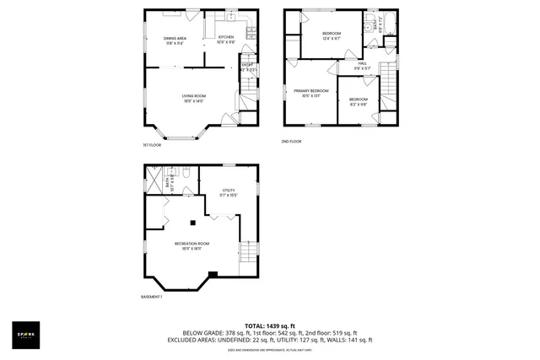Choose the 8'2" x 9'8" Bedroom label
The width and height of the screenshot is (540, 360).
coord(359,101)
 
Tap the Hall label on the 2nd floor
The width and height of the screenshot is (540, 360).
coord(361,66)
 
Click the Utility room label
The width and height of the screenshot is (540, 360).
coord(229,193)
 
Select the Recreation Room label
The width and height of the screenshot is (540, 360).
coord(192,246)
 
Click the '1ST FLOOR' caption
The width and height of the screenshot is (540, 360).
coord(151,145)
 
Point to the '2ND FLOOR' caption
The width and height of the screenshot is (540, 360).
coord(291,142)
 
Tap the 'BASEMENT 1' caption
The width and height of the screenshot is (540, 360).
coord(151,297)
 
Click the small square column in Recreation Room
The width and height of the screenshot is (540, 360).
coord(194,223)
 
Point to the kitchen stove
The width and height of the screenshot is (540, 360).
coord(250,33)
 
